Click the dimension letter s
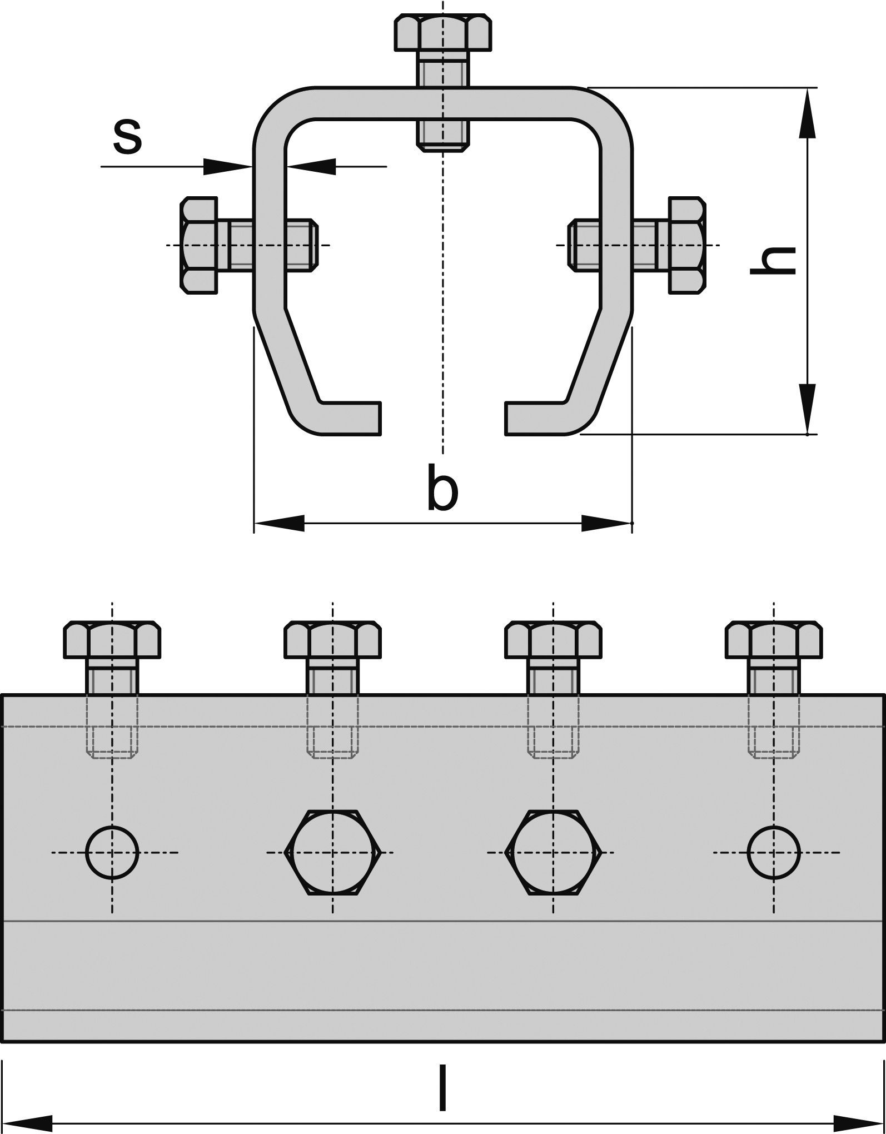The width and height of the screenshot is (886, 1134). [127, 136]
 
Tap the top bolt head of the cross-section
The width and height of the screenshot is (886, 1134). [443, 34]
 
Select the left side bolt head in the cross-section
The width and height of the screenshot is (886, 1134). [199, 245]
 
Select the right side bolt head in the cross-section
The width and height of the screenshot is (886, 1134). [687, 245]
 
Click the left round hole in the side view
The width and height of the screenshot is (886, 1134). [112, 852]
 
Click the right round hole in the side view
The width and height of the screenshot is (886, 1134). [774, 852]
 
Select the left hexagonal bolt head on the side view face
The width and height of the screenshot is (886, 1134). [332, 852]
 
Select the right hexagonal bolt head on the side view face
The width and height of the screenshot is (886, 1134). [553, 852]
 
